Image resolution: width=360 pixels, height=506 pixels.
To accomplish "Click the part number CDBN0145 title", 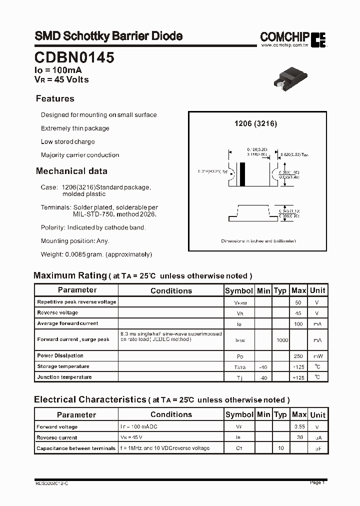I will click(x=74, y=58).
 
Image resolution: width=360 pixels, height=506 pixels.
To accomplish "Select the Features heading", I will click(x=55, y=98).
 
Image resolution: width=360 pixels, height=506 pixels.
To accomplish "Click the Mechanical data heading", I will click(x=71, y=171).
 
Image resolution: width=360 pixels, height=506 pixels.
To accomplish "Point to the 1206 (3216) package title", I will click(x=255, y=123).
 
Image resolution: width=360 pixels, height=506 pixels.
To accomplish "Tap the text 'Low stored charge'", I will click(x=67, y=141).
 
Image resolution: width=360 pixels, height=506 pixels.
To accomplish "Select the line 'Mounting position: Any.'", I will click(x=75, y=241).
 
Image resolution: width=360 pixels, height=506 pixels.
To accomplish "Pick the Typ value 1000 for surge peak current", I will click(x=282, y=340).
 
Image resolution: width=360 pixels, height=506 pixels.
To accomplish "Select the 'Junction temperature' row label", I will click(x=64, y=377).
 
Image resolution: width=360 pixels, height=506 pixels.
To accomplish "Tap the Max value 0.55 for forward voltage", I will click(x=299, y=427).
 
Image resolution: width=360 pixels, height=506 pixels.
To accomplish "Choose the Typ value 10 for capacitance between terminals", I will click(x=281, y=448).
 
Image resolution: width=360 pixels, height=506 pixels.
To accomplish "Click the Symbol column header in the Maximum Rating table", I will click(x=239, y=290).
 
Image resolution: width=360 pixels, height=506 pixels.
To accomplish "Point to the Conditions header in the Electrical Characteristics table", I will click(x=171, y=414).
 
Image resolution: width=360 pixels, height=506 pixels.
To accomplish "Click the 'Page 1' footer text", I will click(x=317, y=482).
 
